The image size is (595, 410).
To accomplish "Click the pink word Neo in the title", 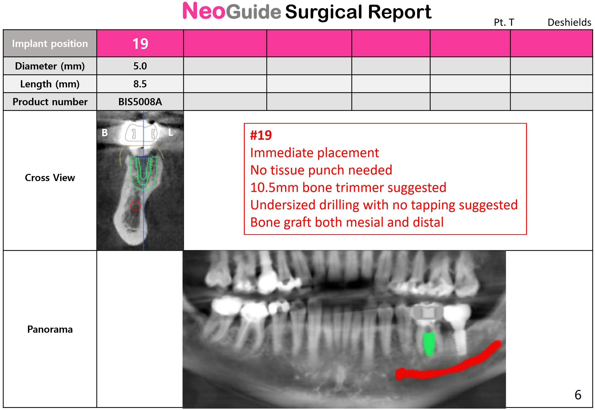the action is click(x=204, y=11).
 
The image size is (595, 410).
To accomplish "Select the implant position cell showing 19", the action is click(x=140, y=43).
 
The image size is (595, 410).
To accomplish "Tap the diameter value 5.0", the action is click(x=140, y=66).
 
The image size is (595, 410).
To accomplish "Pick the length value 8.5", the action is click(x=140, y=84).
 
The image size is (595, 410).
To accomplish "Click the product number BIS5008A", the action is click(x=140, y=102).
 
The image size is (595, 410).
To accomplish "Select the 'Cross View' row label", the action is click(x=50, y=177).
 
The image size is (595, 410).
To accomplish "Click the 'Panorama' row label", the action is click(x=50, y=329).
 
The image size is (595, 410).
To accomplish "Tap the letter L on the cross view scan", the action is click(x=170, y=132).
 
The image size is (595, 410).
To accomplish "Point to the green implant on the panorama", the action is click(x=429, y=344).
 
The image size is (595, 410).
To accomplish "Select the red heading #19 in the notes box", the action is click(x=261, y=135).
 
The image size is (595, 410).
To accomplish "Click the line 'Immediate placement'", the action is click(x=314, y=153).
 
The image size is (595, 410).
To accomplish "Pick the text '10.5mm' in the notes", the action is click(x=274, y=187).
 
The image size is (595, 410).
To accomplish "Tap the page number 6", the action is click(x=578, y=395).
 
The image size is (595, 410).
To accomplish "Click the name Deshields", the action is click(x=569, y=22).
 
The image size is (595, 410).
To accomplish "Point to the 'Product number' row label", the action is click(x=50, y=102).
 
